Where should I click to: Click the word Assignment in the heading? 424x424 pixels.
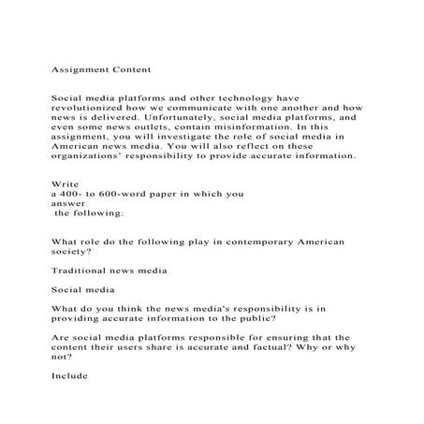tap(81, 69)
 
